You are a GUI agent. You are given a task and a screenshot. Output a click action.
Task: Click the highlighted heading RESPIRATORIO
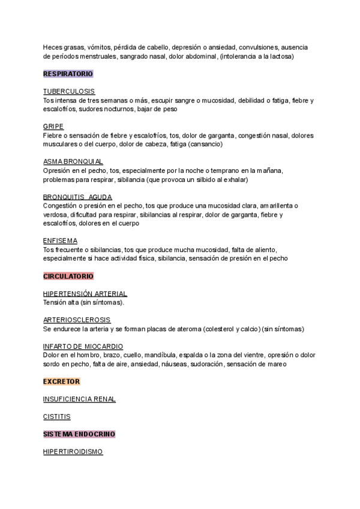click(x=68, y=74)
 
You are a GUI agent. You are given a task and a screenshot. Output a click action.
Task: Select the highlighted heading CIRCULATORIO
click(x=68, y=276)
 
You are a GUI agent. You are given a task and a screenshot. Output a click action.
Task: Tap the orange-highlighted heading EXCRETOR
click(x=62, y=381)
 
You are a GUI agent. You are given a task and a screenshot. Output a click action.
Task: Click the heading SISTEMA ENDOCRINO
click(x=79, y=433)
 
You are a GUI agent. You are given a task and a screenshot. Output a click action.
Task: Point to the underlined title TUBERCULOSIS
click(x=68, y=91)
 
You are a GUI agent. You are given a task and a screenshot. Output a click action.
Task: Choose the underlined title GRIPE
click(x=53, y=126)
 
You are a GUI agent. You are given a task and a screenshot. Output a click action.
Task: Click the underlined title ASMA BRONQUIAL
click(x=73, y=161)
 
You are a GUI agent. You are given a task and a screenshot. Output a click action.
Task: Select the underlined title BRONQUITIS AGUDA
click(x=77, y=197)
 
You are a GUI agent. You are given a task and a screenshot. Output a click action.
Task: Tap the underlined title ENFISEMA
click(x=60, y=241)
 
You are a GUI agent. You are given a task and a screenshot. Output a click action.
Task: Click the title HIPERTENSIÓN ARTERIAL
click(x=85, y=294)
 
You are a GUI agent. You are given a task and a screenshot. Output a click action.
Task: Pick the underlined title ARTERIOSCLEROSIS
click(x=77, y=320)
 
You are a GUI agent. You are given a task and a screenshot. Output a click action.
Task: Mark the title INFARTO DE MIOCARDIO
click(x=83, y=346)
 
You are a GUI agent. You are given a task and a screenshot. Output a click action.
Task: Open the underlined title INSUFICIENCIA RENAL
click(x=79, y=399)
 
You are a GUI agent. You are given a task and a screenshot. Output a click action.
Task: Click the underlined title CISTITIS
click(x=57, y=416)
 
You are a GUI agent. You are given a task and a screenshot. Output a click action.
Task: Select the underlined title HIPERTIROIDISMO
click(x=73, y=451)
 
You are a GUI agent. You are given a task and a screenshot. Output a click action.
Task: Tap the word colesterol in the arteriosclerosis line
click(x=221, y=329)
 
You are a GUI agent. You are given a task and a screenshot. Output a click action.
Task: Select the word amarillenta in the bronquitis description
click(x=276, y=205)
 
